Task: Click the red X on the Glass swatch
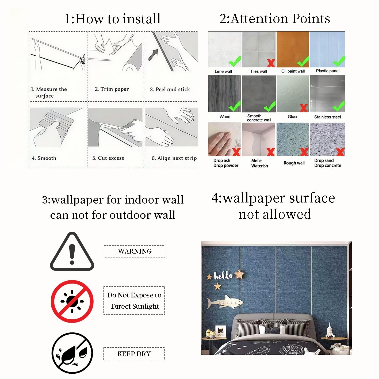(304, 108)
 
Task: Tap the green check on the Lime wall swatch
(235, 61)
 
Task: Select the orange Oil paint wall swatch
(293, 49)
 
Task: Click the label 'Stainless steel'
(327, 117)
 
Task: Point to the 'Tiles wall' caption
(258, 71)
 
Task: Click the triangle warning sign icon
(72, 251)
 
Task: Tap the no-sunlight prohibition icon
(72, 301)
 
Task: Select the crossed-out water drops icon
(72, 353)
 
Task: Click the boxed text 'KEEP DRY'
(134, 354)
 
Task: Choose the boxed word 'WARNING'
(135, 251)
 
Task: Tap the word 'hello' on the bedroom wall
(223, 276)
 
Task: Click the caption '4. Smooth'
(44, 158)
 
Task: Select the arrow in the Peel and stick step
(153, 55)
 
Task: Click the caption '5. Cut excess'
(108, 158)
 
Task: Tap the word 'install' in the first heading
(141, 19)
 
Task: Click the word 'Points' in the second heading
(311, 19)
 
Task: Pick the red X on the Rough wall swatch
(304, 152)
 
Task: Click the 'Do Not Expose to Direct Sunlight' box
(134, 301)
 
